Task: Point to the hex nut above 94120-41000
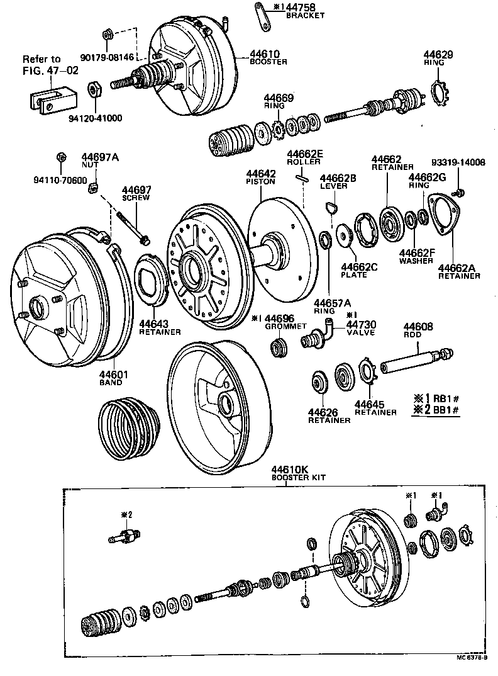click(x=94, y=89)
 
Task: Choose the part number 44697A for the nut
click(x=99, y=157)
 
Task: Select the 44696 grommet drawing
click(x=279, y=347)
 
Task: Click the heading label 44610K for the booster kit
click(x=290, y=470)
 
